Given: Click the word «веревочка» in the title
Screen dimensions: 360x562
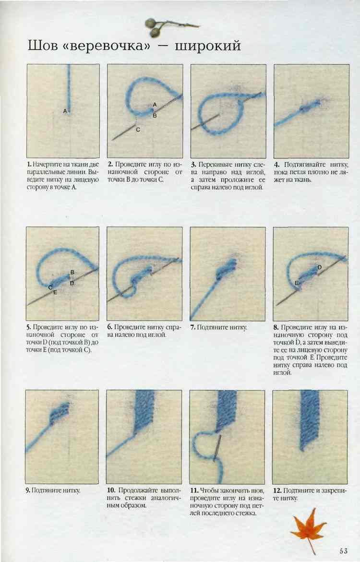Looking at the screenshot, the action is point(108,46).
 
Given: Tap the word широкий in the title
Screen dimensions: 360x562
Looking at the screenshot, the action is point(207,46).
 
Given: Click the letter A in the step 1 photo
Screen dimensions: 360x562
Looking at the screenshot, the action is point(65,111).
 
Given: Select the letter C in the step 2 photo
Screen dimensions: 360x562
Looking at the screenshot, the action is point(138,130).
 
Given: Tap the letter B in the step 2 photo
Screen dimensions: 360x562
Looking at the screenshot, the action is point(155,116).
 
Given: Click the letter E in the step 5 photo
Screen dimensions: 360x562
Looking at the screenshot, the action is point(55,292).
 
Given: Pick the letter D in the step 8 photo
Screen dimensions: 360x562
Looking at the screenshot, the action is point(320,267).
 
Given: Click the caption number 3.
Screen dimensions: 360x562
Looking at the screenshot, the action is point(193,165).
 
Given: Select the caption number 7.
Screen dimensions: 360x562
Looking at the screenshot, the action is point(192,327).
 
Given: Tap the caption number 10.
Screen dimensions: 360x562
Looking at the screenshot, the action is point(111,490).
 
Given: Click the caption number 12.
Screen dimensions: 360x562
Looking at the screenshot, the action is point(277,490).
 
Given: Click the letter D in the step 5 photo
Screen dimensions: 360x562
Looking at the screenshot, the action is point(72,283).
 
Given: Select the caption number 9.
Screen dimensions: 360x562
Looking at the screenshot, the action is point(28,490).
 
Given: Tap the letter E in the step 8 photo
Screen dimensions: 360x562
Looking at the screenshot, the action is point(297,283).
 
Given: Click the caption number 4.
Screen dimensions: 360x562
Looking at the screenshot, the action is point(277,165).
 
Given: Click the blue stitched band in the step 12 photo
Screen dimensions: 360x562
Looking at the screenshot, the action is point(310,419).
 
